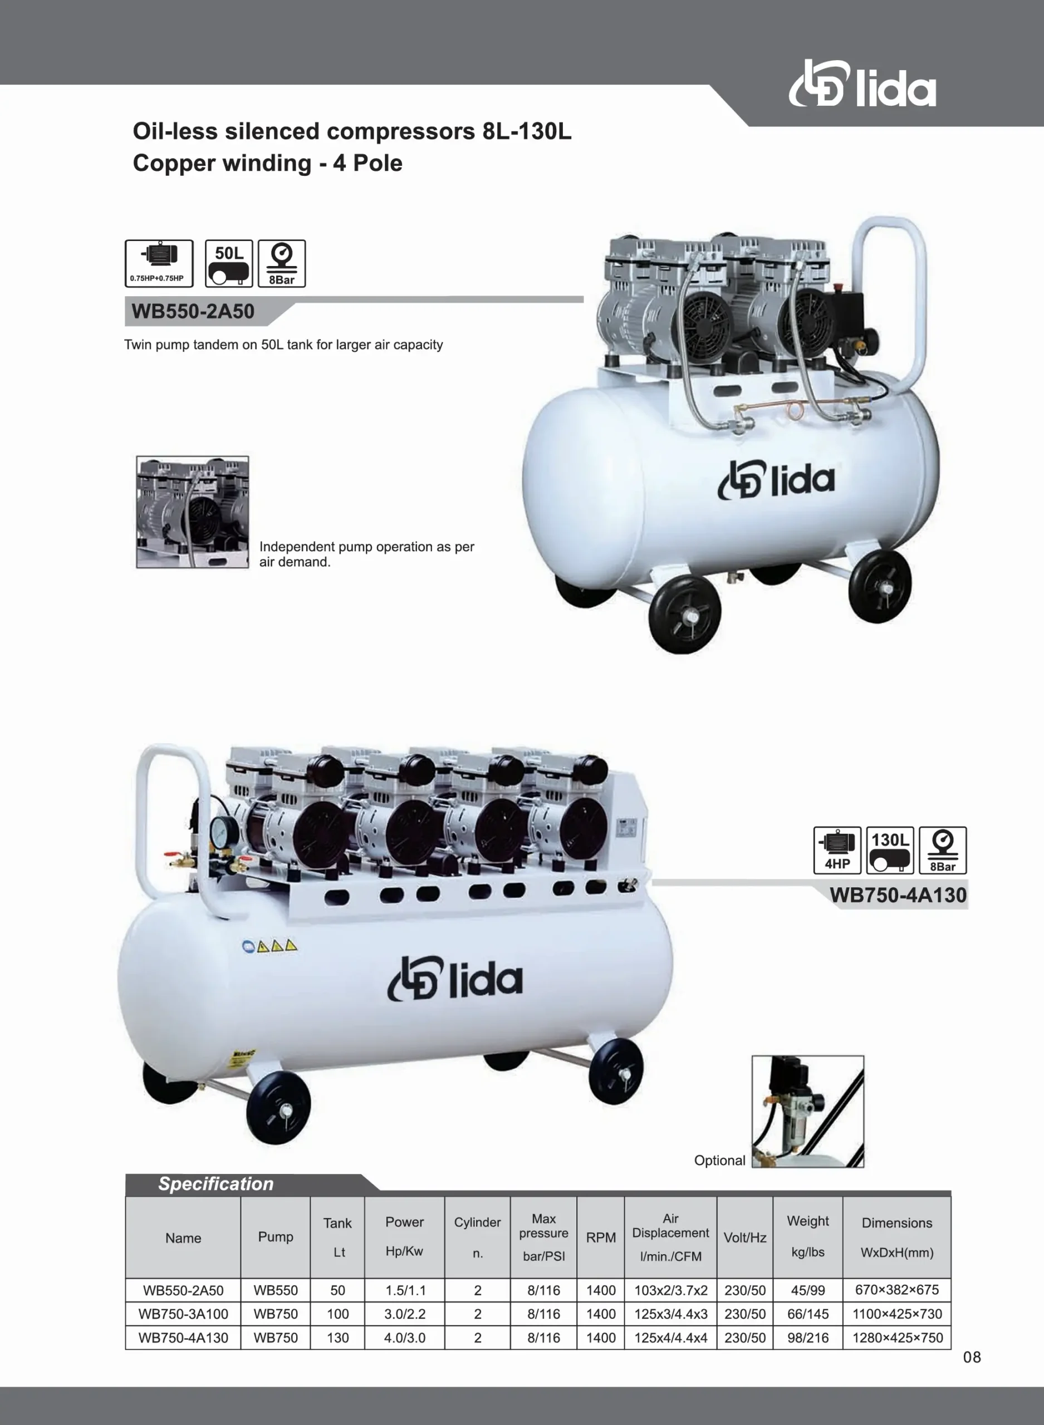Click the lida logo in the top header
coord(862,84)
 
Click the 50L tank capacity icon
coord(229,263)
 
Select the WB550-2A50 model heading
coord(193,311)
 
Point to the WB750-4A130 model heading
coord(898,895)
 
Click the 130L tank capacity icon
coord(890,850)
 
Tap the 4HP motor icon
coord(837,850)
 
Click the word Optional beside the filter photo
coord(720,1161)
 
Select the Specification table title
coord(216,1184)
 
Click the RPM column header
coord(600,1237)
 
